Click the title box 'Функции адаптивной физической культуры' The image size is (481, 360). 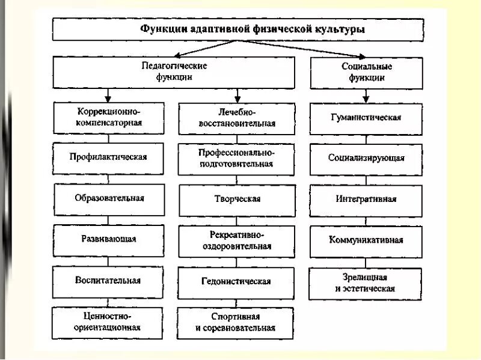point(253,28)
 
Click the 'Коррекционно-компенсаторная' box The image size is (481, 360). point(108,117)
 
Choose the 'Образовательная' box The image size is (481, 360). point(108,198)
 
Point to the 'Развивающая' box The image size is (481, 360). point(108,239)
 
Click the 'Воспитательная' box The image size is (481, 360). point(108,280)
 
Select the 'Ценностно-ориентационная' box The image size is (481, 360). point(108,322)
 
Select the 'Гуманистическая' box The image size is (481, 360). point(366,117)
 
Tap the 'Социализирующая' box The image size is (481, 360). point(366,158)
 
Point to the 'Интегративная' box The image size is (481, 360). point(366,199)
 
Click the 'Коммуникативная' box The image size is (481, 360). point(366,240)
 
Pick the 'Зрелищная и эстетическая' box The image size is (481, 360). point(366,283)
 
